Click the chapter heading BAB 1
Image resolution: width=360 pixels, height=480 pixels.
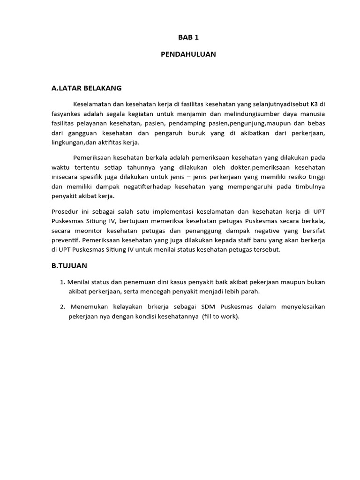coord(188,37)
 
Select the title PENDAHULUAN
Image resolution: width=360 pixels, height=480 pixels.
coord(188,54)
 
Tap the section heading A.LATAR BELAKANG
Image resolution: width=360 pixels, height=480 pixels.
coord(87,88)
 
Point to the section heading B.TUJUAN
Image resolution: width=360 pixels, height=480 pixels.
coord(69,266)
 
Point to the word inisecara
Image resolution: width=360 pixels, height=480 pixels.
coord(64,177)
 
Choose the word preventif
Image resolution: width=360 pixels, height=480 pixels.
coord(65,240)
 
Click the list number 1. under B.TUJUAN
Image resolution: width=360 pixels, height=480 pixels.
coord(62,282)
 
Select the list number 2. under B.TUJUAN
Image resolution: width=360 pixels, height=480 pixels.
coord(62,307)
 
